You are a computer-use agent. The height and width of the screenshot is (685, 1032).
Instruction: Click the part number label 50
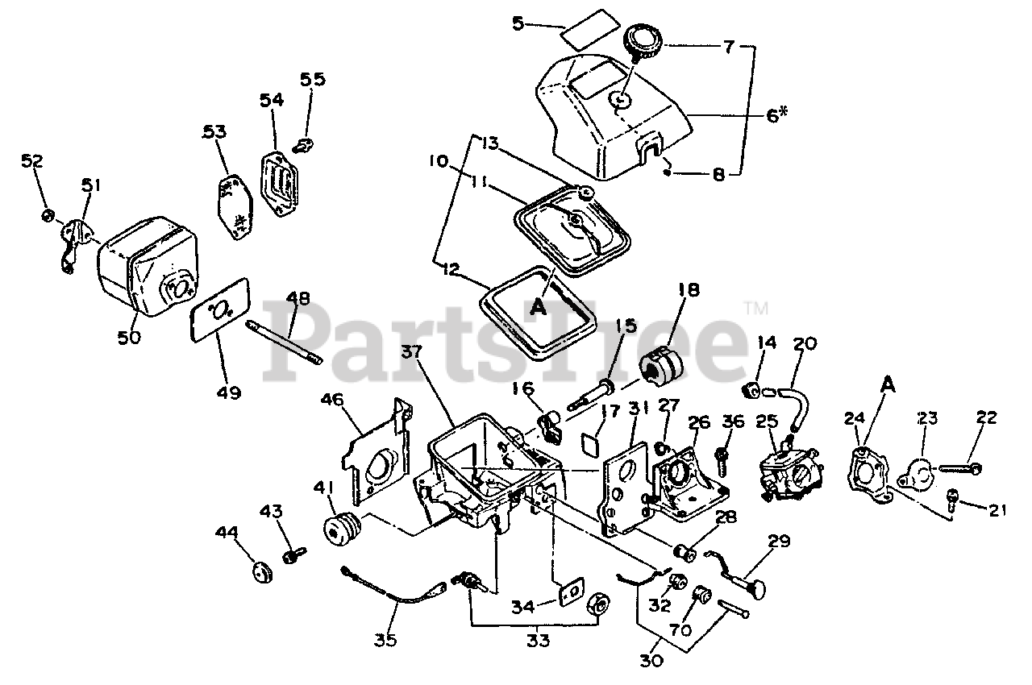tap(130, 336)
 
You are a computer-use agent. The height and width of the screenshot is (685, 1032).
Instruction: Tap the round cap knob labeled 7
tap(643, 38)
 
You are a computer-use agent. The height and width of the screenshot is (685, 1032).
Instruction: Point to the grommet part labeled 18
tap(662, 367)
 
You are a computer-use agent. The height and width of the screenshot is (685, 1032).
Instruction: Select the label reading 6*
tap(776, 115)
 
